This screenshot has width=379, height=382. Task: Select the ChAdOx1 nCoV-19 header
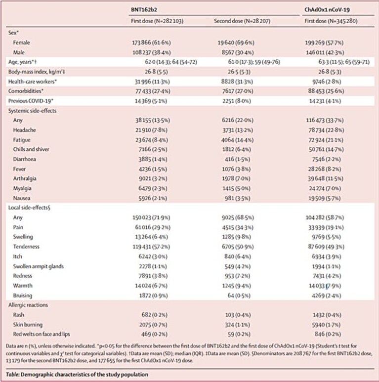click(x=327, y=9)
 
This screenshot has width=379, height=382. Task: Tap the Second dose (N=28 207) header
click(x=242, y=21)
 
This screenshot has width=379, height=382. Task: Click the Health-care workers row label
click(x=33, y=82)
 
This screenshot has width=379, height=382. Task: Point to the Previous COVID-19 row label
click(x=31, y=101)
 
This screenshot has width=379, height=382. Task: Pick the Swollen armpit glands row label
click(x=38, y=266)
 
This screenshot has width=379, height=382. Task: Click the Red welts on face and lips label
click(x=42, y=334)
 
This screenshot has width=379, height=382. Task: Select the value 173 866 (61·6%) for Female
click(x=152, y=42)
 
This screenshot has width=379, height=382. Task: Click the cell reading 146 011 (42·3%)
click(x=325, y=52)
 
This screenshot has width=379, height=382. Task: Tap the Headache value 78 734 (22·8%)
click(x=326, y=130)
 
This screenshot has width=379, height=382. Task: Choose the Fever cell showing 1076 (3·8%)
click(x=237, y=169)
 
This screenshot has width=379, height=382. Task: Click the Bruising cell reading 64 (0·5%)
click(x=239, y=296)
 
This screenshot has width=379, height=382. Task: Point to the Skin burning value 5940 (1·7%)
click(x=327, y=325)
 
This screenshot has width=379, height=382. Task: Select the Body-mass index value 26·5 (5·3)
click(x=236, y=72)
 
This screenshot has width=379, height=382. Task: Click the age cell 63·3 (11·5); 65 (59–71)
click(x=344, y=62)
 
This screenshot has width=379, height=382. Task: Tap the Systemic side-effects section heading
click(x=32, y=111)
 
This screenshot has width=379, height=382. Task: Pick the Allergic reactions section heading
click(x=28, y=305)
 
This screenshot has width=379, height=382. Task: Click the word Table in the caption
click(x=12, y=374)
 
